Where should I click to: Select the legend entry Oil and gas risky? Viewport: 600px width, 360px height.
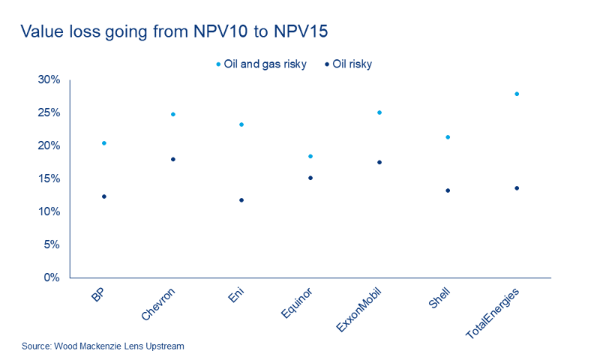point(262,64)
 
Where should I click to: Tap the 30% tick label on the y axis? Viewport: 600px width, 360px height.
point(49,80)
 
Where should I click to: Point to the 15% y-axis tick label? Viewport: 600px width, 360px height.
point(49,179)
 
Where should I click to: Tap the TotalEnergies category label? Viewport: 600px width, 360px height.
point(493,310)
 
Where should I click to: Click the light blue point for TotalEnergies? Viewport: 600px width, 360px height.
point(517,94)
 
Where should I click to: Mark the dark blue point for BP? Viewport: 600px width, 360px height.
point(104,196)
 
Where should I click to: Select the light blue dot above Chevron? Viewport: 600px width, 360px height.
point(173,114)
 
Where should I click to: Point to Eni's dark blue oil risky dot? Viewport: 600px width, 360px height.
point(241,200)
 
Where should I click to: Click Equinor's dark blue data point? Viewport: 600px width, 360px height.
point(310,178)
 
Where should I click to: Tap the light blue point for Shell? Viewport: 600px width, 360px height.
point(448,137)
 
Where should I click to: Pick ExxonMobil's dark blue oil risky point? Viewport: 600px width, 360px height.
point(379,162)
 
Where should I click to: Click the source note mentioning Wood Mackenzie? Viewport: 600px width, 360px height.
point(103,346)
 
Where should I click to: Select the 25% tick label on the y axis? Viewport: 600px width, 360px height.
point(49,113)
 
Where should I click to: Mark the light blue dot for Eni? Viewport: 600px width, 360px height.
point(241,124)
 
